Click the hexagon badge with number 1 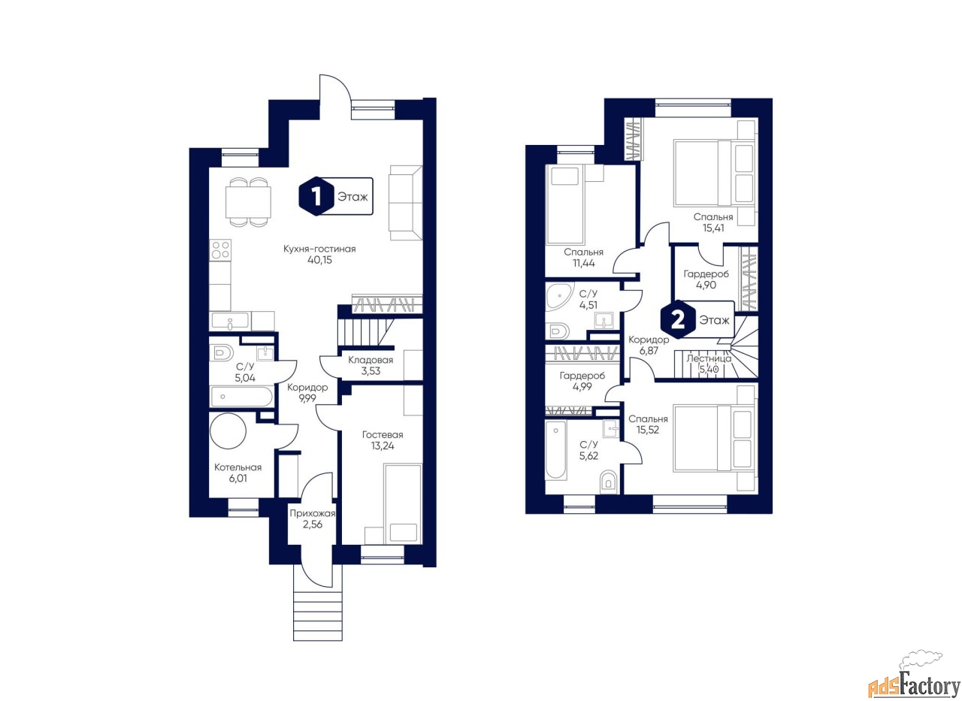[316, 197]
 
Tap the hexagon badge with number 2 [678, 320]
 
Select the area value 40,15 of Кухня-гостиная [319, 260]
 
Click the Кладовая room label [371, 360]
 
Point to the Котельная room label [238, 467]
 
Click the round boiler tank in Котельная [228, 431]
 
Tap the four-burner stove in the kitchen [220, 250]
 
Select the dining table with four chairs [248, 202]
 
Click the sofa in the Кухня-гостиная [405, 203]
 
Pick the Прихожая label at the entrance [312, 513]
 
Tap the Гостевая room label [383, 435]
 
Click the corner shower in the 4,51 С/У [559, 296]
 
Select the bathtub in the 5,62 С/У [555, 449]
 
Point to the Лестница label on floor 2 [709, 358]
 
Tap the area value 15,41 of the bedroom [713, 228]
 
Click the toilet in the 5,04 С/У [222, 353]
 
